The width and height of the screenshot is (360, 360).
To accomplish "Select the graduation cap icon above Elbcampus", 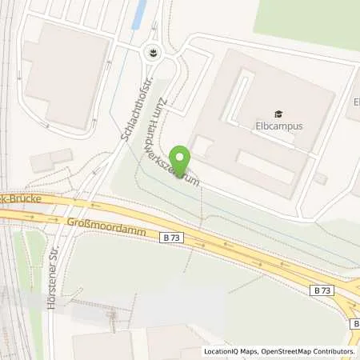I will point(278,114).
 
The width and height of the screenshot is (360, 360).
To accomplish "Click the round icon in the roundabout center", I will point(152,54).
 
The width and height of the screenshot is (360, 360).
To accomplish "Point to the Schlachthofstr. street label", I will point(134,114).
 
